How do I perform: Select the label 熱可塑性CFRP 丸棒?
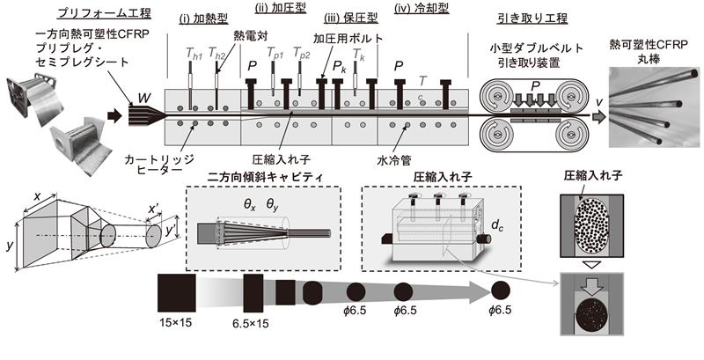click(x=653, y=50)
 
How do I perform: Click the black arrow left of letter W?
click(x=115, y=114)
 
